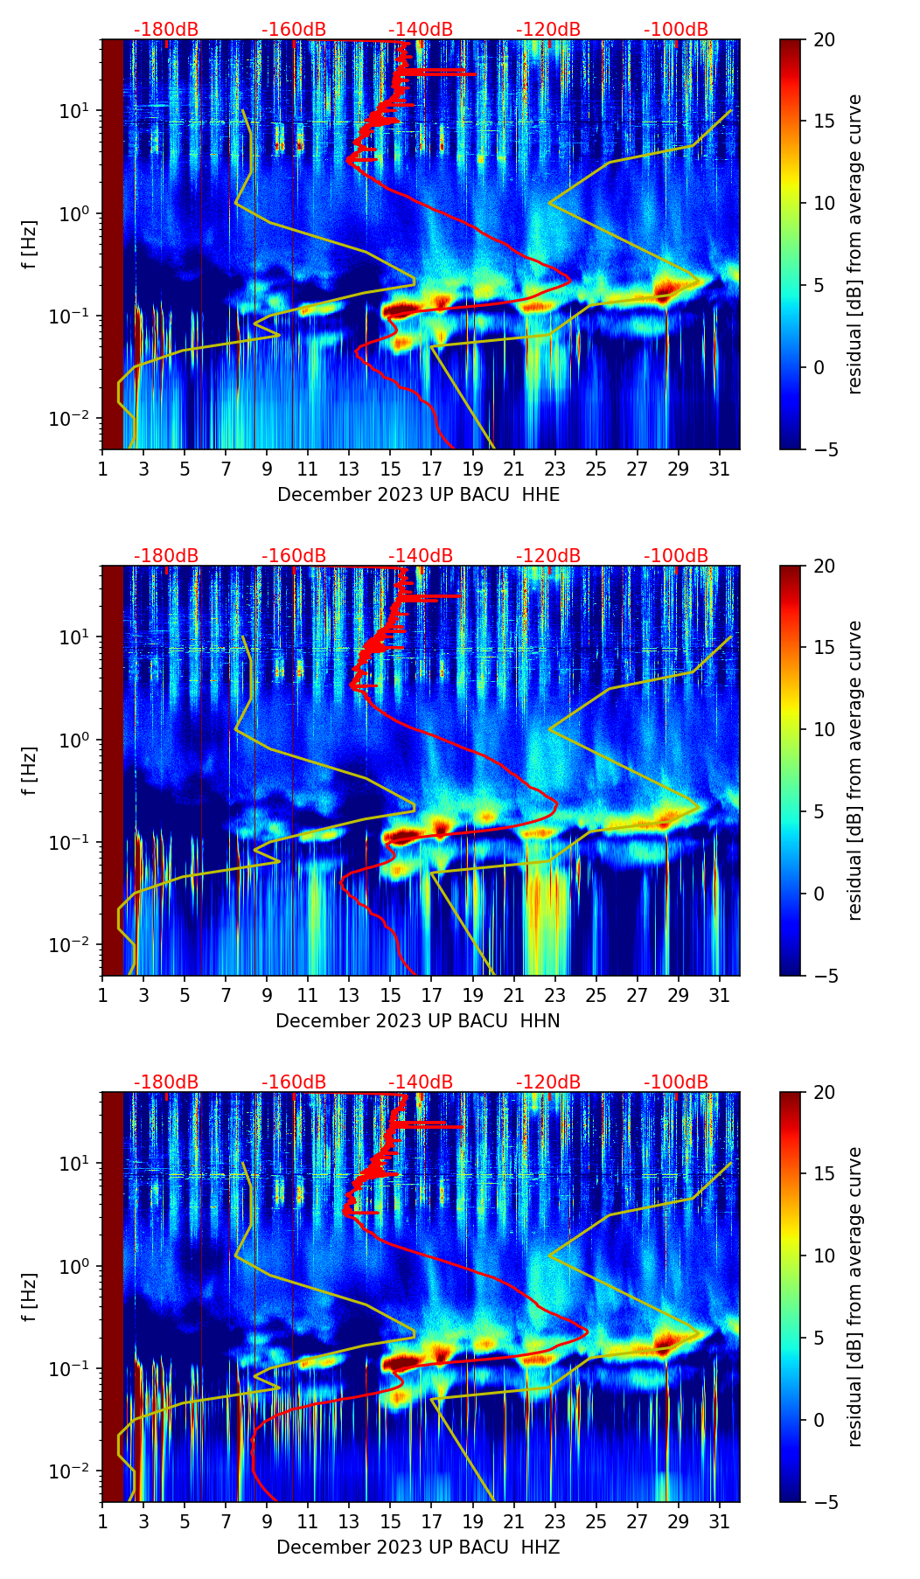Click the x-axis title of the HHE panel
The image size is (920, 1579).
(418, 495)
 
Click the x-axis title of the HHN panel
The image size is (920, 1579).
(418, 1021)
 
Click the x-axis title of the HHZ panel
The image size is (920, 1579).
(418, 1548)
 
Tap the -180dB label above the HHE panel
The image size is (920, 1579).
(166, 30)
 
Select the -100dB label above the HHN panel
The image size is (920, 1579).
(676, 556)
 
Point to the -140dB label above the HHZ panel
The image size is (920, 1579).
(421, 1082)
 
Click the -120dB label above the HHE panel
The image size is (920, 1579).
(548, 30)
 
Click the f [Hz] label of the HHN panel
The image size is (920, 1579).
(30, 770)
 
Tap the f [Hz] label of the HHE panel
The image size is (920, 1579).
(30, 244)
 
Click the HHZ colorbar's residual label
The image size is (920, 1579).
(854, 1297)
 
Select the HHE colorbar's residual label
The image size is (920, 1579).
(854, 244)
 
